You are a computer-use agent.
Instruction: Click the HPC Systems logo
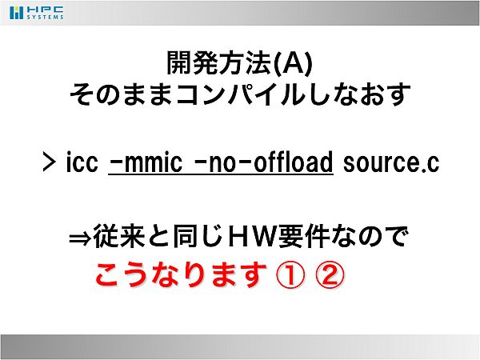(x=37, y=13)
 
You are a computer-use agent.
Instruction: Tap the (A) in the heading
(x=292, y=63)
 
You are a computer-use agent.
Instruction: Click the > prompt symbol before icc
(x=50, y=162)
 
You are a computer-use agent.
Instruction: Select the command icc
(x=82, y=162)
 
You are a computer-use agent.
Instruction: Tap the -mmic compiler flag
(x=146, y=162)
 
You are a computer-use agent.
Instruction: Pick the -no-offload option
(x=263, y=162)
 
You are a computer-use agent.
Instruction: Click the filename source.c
(x=391, y=162)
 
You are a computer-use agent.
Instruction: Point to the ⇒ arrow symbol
(x=80, y=238)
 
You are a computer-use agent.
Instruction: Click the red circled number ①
(x=290, y=275)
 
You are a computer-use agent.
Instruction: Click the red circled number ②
(x=330, y=275)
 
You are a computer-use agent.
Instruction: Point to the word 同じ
(x=197, y=236)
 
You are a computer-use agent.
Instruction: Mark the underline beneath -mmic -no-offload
(x=221, y=174)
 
